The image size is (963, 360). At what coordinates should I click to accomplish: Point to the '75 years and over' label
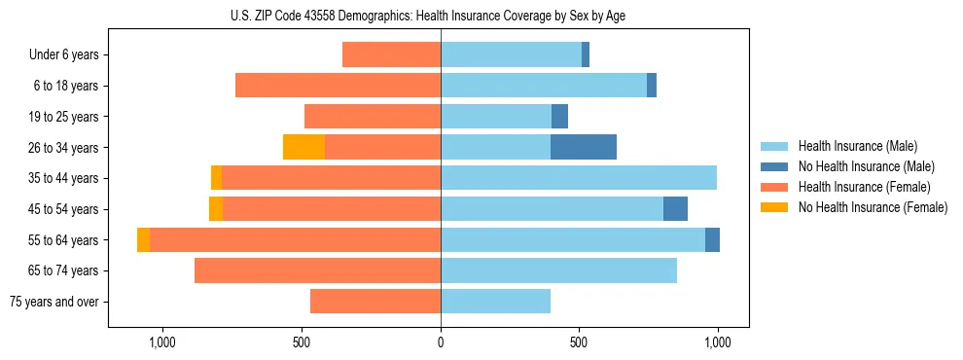pos(54,302)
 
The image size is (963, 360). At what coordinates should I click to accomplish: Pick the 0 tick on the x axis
pos(441,342)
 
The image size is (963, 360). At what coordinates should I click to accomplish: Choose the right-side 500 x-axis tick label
pos(579,342)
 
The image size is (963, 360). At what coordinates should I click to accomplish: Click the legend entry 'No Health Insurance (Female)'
pos(873,207)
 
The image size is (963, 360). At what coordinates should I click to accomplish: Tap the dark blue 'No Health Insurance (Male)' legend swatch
pos(774,166)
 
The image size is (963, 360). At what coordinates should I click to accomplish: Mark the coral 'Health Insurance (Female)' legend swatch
pos(774,187)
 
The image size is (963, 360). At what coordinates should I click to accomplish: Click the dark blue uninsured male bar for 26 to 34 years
pos(584,148)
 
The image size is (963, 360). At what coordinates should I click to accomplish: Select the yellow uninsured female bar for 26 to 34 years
pos(303,148)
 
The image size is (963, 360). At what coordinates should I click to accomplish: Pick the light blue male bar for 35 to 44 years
pos(579,178)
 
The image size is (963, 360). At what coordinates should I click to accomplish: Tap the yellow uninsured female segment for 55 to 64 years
pos(143,240)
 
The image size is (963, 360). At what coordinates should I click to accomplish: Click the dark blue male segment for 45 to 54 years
pos(675,209)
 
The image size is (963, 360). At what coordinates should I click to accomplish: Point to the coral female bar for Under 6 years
pos(391,55)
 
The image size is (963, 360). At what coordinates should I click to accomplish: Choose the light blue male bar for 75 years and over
pos(495,302)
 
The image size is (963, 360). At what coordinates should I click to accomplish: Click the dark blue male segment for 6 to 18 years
pos(652,86)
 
